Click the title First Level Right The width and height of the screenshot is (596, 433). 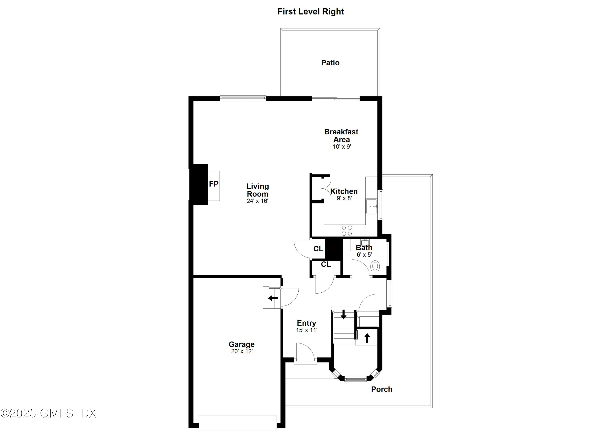[311, 12]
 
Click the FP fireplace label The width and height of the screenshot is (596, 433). [214, 184]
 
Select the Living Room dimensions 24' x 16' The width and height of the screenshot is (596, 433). [257, 201]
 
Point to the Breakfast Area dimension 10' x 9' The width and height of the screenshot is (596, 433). [342, 147]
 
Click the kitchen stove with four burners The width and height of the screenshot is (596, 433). [347, 231]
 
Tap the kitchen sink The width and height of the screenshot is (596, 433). [371, 206]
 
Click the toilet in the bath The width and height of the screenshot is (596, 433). [375, 266]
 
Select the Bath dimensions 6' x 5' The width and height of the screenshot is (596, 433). [364, 255]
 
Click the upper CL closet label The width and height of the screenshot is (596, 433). [318, 249]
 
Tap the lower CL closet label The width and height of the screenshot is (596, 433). [326, 264]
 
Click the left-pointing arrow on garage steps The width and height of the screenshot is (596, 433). [273, 298]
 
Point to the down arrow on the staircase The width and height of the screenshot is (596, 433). [343, 314]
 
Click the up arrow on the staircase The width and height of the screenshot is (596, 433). [367, 338]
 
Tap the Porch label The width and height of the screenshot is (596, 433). [382, 389]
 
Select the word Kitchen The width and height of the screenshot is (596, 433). [344, 191]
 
